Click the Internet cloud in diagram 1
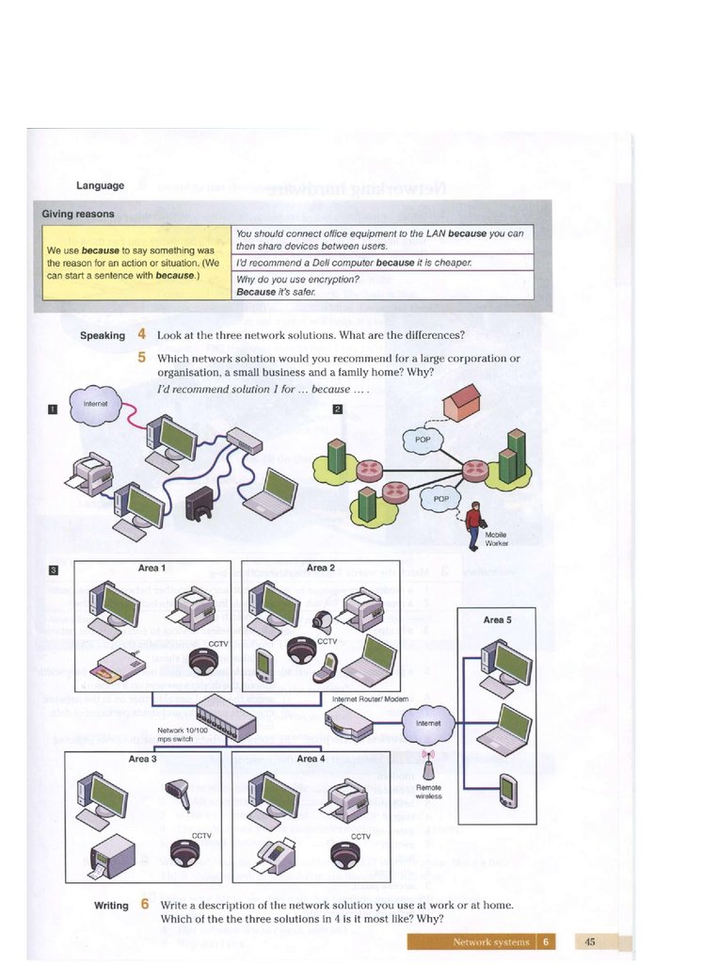[95, 404]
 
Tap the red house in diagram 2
[461, 403]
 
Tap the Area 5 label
[497, 619]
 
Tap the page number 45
[590, 941]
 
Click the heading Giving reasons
[78, 214]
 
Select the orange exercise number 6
[145, 904]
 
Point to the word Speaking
[103, 335]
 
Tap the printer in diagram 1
[94, 474]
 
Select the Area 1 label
[152, 568]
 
